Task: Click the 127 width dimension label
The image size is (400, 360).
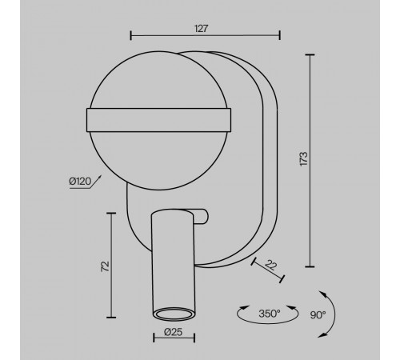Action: point(201,29)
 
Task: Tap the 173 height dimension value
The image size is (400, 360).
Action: point(304,159)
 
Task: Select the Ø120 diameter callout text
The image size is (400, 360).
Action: point(80,182)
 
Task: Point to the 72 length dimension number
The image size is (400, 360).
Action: point(106,266)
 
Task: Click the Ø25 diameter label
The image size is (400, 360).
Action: point(174,332)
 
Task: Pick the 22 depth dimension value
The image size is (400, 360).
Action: point(271,266)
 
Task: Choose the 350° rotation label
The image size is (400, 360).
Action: point(270,314)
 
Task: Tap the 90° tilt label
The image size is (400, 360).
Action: point(318,315)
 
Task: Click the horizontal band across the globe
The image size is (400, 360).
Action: point(159,120)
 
